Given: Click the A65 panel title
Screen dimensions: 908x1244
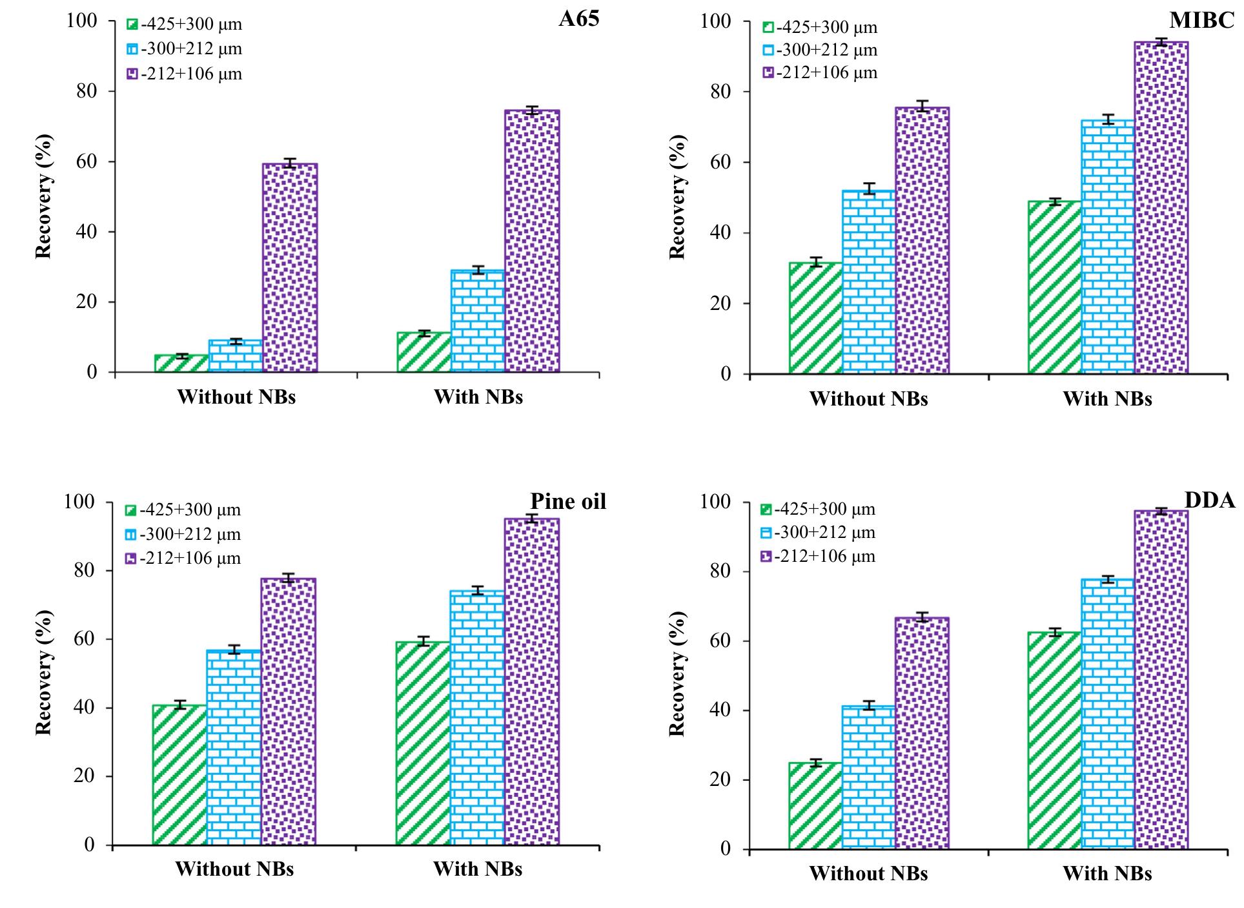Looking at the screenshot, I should [578, 18].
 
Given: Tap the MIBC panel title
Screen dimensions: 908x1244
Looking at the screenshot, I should [1201, 21].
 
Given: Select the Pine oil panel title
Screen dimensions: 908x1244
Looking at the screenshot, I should [568, 501].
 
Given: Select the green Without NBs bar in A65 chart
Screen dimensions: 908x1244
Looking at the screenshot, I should [181, 364].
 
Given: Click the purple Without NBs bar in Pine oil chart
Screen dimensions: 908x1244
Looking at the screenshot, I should [288, 711].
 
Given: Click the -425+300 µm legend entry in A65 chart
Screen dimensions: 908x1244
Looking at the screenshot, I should [185, 25].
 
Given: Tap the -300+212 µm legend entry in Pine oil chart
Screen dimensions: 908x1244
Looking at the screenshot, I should [183, 534].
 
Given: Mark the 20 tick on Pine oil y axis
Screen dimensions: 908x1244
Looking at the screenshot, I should [85, 776].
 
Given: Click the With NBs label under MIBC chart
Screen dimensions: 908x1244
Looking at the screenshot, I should [1106, 399].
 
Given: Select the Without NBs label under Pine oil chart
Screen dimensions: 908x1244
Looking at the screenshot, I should [234, 869].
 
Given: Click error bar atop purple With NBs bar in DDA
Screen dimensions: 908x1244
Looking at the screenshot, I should [1161, 511].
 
